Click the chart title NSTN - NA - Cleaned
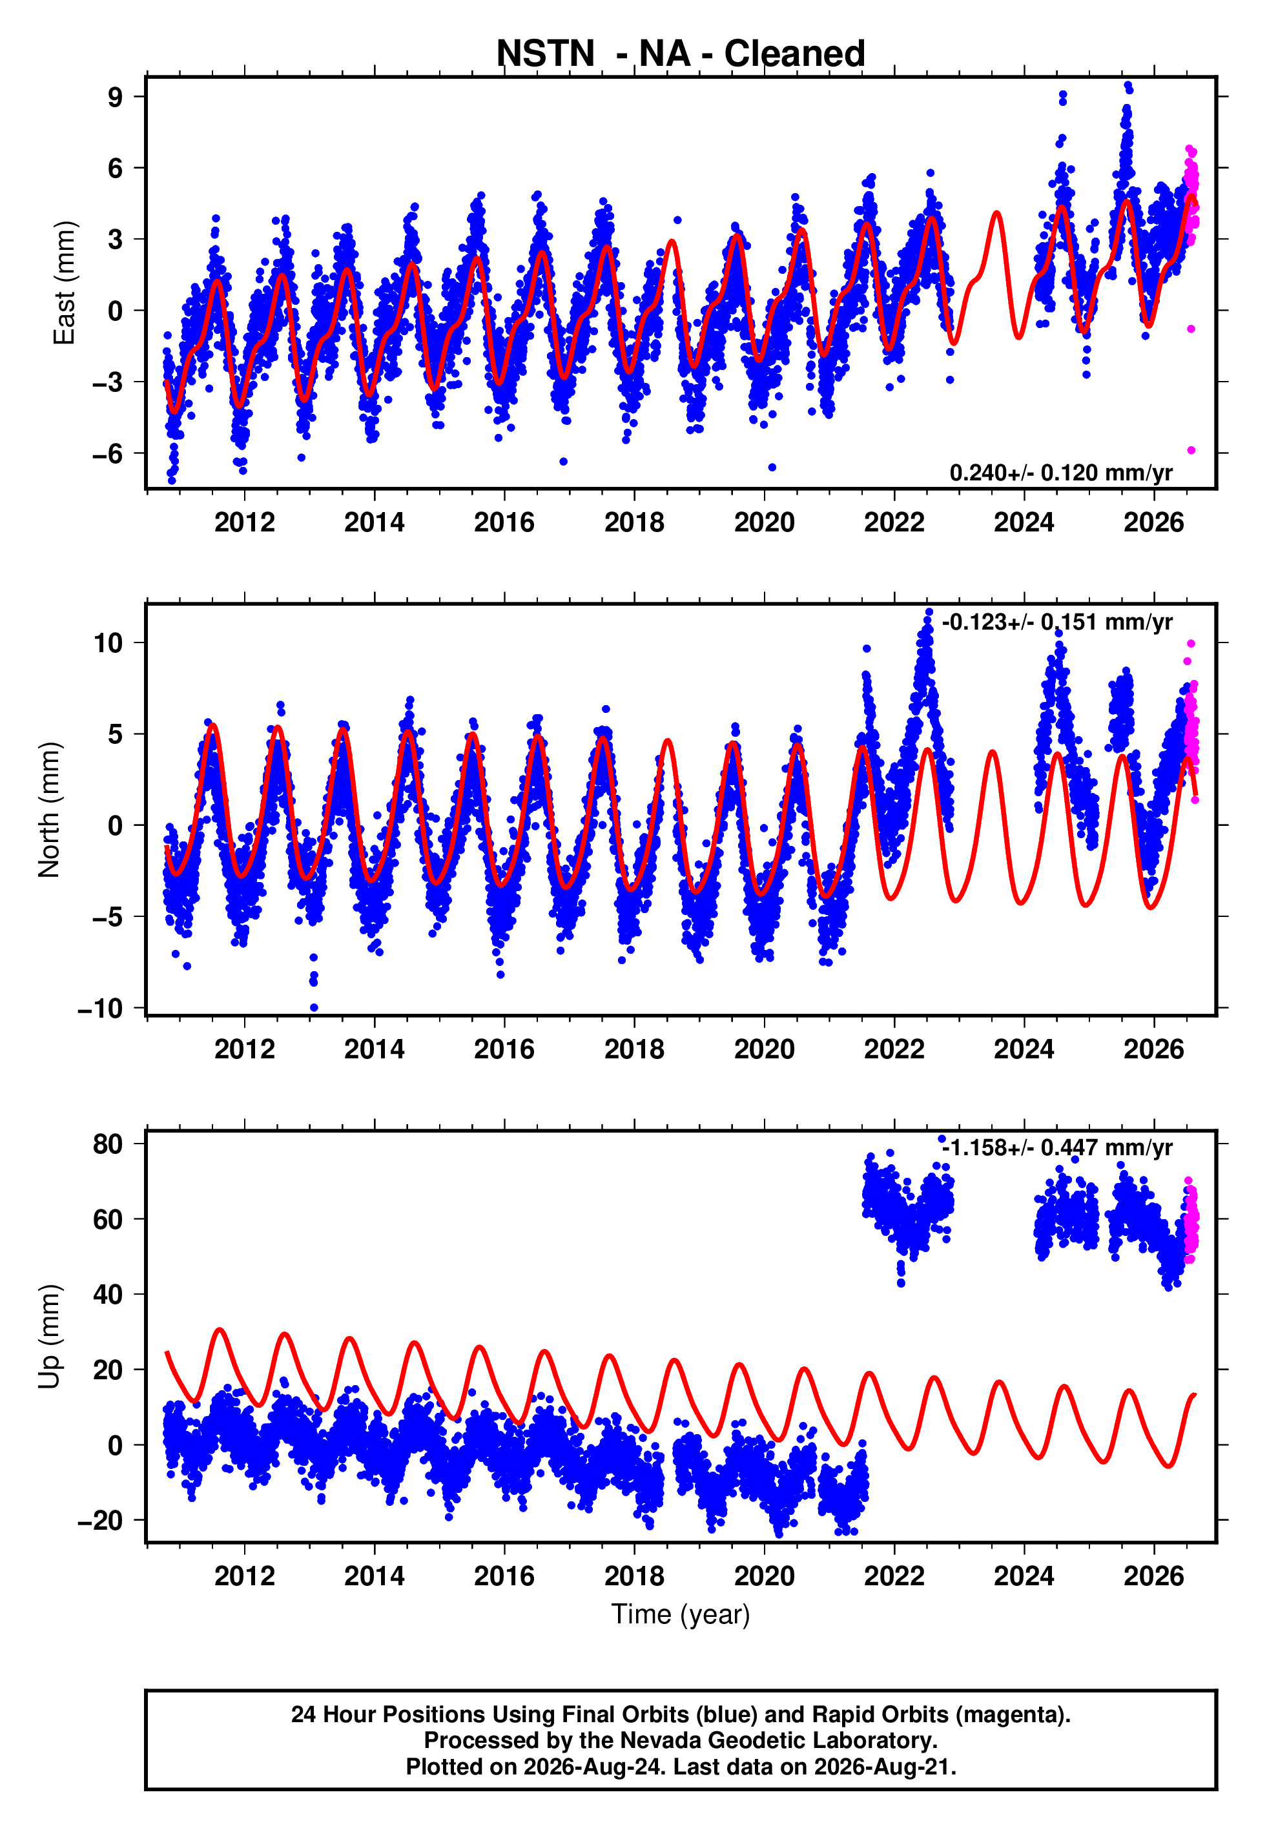[681, 54]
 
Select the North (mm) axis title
[49, 810]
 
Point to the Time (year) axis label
[681, 1615]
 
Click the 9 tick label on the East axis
[116, 97]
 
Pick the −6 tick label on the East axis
[107, 454]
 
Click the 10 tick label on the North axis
[108, 643]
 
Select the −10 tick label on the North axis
[100, 1009]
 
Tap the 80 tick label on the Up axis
[108, 1144]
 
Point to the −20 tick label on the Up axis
[100, 1521]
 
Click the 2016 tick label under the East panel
[504, 522]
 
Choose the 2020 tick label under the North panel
[765, 1049]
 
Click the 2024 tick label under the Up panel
[1024, 1576]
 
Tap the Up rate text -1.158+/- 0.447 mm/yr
[1056, 1147]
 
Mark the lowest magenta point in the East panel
[1191, 451]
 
